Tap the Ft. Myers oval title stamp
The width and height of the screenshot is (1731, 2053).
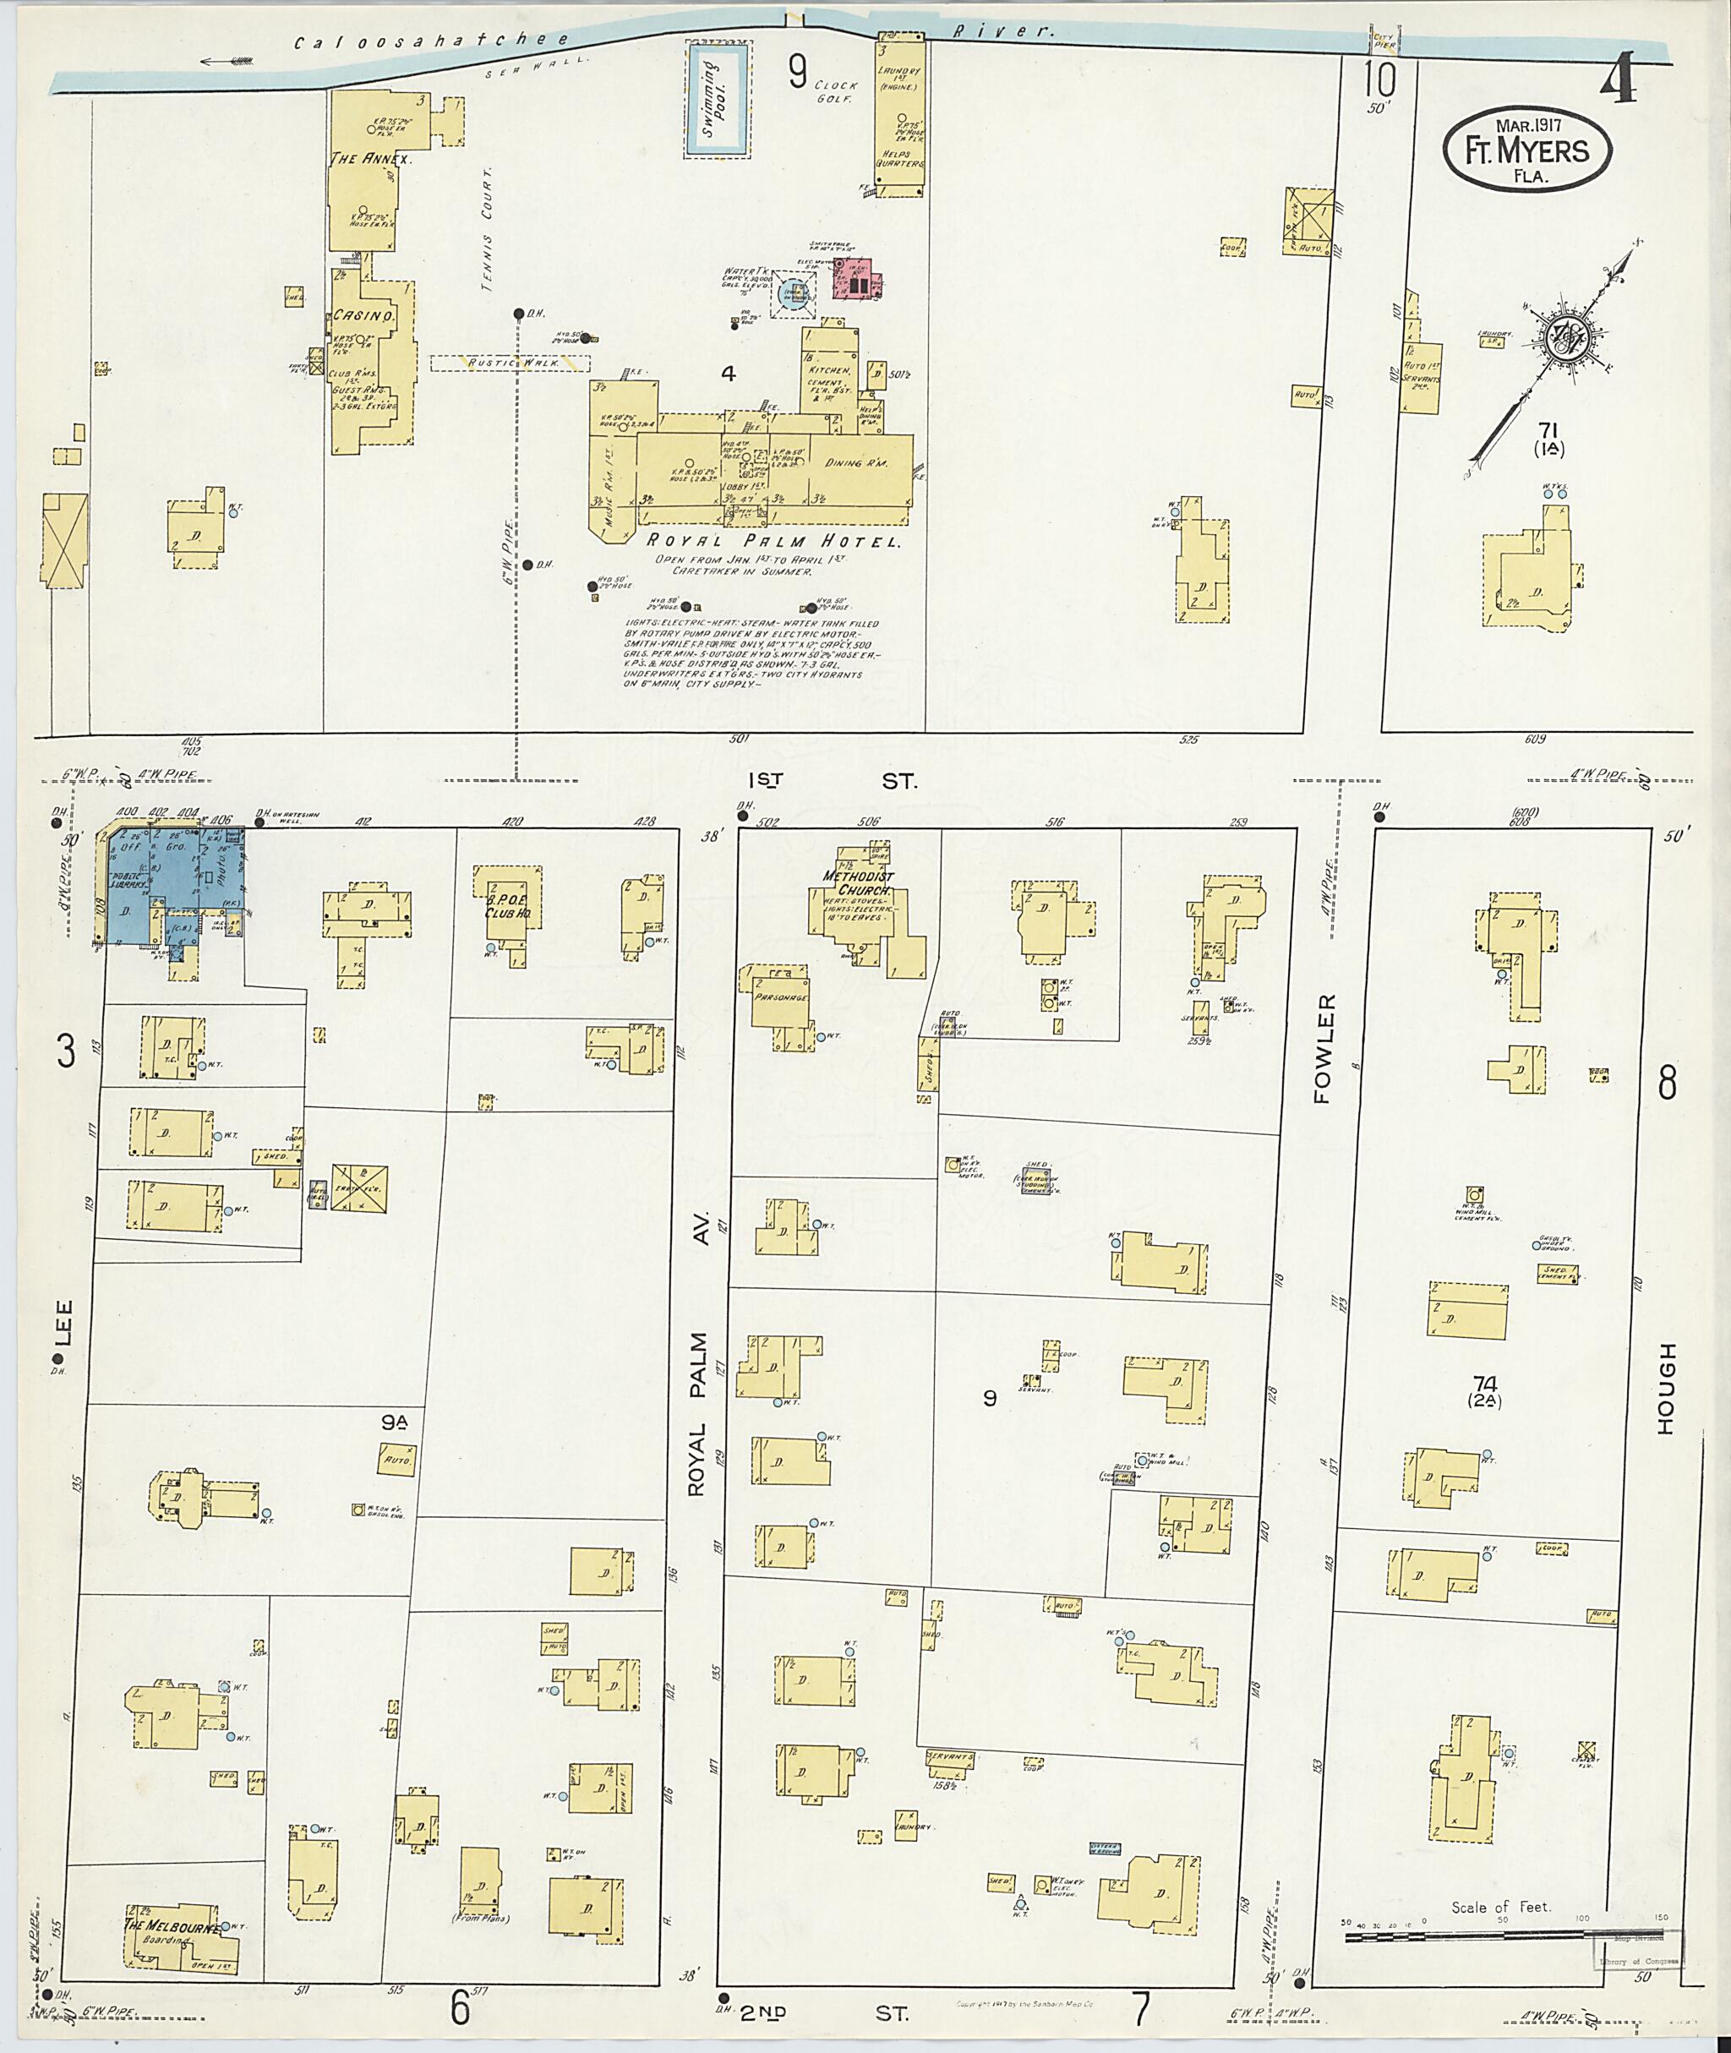pyautogui.click(x=1527, y=150)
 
